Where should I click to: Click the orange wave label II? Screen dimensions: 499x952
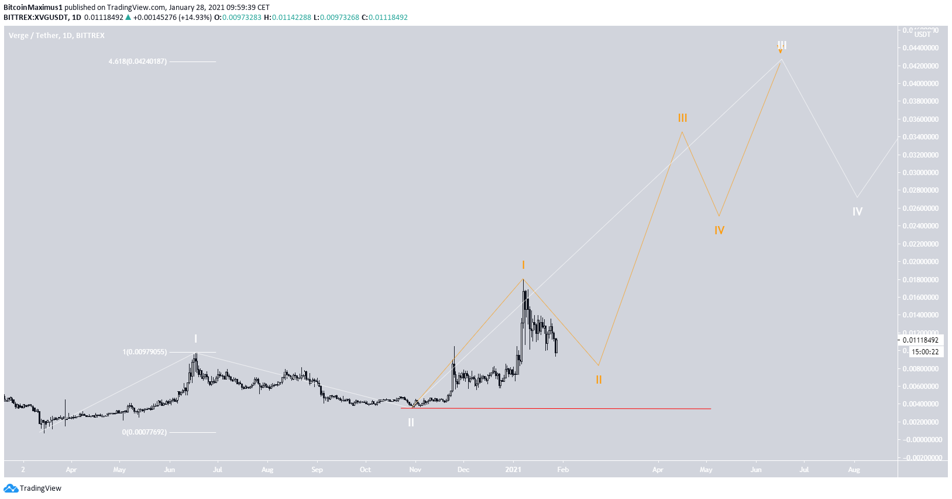(599, 380)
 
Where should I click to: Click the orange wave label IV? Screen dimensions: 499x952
(719, 231)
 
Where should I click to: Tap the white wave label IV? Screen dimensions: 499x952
(857, 212)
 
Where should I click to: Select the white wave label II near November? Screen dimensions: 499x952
(411, 422)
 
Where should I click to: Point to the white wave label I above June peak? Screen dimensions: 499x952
(195, 339)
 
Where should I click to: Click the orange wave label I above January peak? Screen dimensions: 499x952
(523, 265)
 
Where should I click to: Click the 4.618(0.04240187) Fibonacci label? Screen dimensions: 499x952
(138, 61)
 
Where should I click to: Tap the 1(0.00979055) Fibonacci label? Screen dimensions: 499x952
(145, 352)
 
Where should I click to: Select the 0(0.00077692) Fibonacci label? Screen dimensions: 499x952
(144, 432)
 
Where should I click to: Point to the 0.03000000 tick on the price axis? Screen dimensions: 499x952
(920, 173)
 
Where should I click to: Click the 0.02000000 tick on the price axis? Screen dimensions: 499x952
(920, 262)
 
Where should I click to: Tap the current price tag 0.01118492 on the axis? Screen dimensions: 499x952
(920, 340)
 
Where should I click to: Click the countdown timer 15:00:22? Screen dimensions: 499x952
(925, 352)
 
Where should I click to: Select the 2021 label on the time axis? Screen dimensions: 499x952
(513, 470)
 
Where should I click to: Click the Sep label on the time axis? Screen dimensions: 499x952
(317, 470)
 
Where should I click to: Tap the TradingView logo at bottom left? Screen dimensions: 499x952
(33, 488)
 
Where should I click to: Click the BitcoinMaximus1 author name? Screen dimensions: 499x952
(33, 8)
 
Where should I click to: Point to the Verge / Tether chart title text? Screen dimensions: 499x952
(57, 36)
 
